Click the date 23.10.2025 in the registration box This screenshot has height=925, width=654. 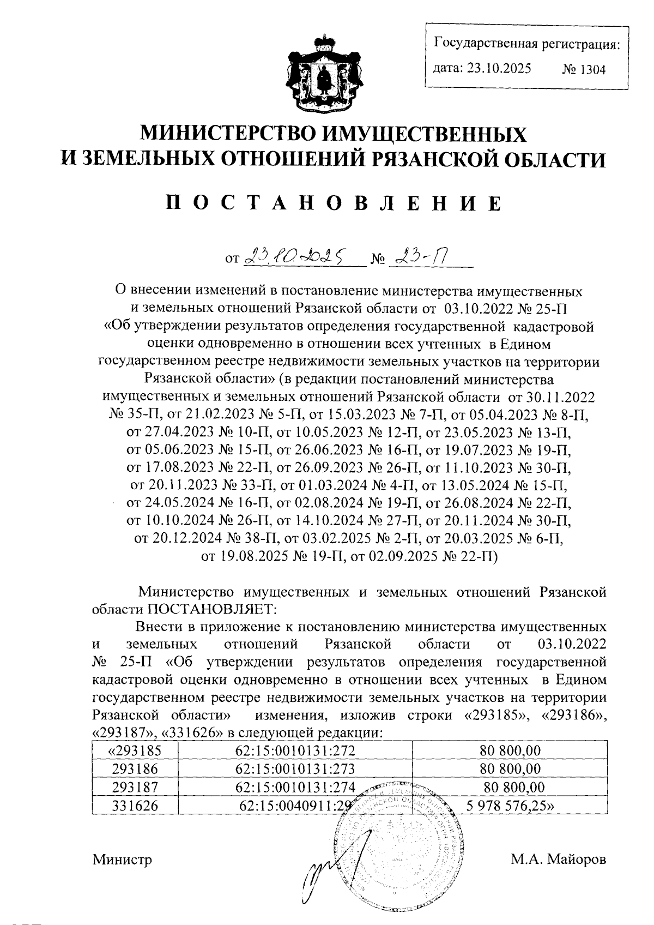pyautogui.click(x=482, y=69)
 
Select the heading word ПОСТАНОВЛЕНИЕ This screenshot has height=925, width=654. pyautogui.click(x=333, y=203)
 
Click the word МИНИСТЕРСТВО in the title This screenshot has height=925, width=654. pyautogui.click(x=227, y=133)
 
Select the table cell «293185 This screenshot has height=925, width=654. pyautogui.click(x=135, y=750)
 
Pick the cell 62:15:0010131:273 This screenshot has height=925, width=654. pyautogui.click(x=295, y=769)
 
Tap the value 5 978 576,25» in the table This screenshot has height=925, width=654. pyautogui.click(x=510, y=805)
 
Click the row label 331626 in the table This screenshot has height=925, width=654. pyautogui.click(x=135, y=805)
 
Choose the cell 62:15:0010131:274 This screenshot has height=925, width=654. pyautogui.click(x=295, y=787)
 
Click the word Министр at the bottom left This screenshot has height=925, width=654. pyautogui.click(x=122, y=860)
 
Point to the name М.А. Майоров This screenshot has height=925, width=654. pyautogui.click(x=558, y=860)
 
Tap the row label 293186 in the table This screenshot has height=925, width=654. pyautogui.click(x=135, y=769)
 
